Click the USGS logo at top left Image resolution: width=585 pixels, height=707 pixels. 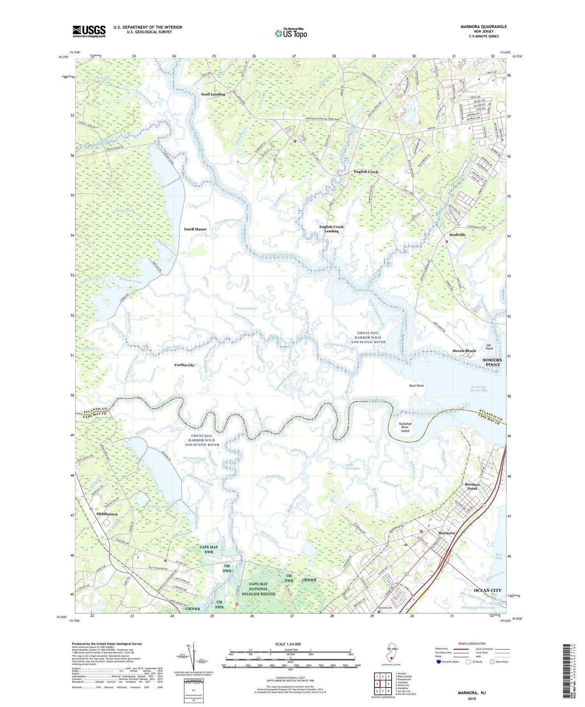coord(89,31)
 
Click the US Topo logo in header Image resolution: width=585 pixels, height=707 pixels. coord(291,34)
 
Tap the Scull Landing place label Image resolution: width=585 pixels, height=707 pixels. coord(213,94)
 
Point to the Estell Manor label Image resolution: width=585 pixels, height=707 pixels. coord(195,229)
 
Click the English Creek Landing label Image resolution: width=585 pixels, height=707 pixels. coord(331,229)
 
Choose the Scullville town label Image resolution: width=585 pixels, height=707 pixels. coord(457,235)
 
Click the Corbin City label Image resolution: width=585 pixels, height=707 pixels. coord(184,365)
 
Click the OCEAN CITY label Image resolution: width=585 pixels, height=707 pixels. coord(487,590)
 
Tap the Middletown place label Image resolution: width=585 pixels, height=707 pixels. coord(107,514)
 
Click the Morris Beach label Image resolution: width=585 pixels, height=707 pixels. coord(464,351)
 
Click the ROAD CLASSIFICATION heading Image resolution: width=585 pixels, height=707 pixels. coord(472,643)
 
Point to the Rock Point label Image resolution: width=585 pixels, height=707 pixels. coord(417,386)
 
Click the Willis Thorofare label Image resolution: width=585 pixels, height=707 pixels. coord(353,466)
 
